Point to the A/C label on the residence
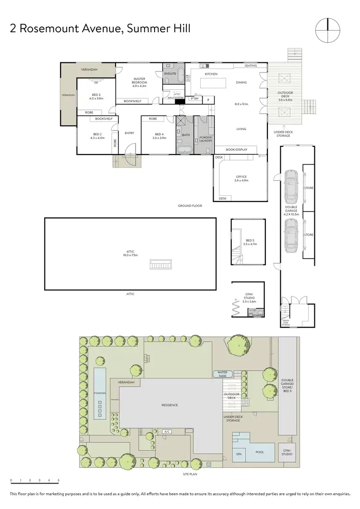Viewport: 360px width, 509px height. [x=167, y=432]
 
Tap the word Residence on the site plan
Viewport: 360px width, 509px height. [x=169, y=405]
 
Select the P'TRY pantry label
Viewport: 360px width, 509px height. [x=194, y=99]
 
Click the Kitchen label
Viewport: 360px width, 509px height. [x=211, y=74]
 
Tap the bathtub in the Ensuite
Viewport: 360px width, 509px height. [x=180, y=76]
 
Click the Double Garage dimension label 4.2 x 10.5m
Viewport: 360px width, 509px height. [x=291, y=213]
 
